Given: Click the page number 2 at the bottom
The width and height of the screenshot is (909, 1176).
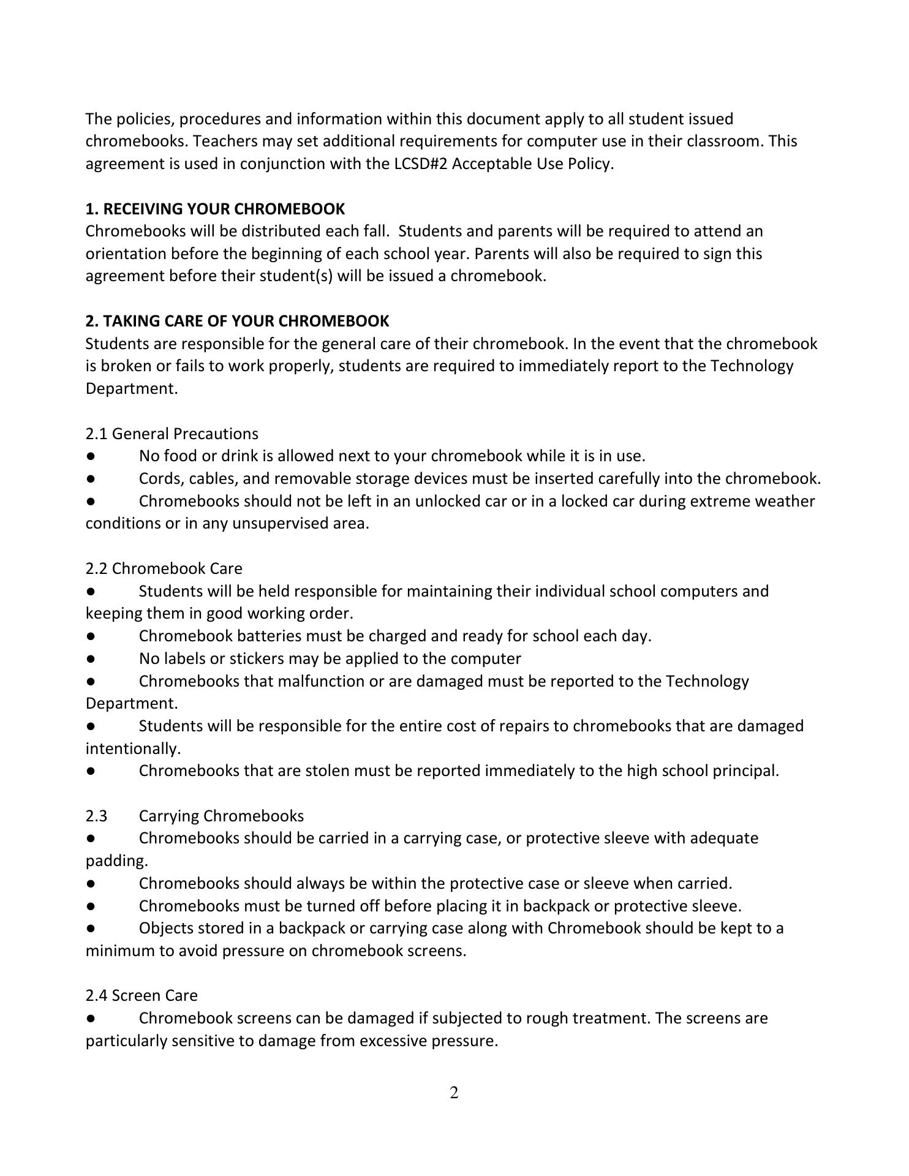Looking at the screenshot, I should (x=454, y=1093).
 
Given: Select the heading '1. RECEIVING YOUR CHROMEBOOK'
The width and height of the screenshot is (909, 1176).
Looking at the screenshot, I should (x=215, y=209).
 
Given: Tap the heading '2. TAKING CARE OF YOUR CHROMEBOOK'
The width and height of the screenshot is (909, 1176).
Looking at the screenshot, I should (x=237, y=321).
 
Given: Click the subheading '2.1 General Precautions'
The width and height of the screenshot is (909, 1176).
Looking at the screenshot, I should (x=172, y=434).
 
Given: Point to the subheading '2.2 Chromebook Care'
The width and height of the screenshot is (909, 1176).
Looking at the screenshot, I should (x=164, y=568).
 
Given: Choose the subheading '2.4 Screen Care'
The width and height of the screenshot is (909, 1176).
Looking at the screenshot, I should (x=141, y=995).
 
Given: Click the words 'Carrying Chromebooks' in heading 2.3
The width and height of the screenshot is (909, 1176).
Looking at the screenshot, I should (x=221, y=816).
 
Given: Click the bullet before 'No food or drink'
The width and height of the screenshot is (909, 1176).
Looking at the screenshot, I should (x=91, y=456).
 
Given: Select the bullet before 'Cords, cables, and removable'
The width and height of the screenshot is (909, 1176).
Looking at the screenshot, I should (x=91, y=478).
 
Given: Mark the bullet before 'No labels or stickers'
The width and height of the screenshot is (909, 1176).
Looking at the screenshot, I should (x=91, y=659).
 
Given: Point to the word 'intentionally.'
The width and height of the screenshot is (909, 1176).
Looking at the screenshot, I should (x=133, y=748).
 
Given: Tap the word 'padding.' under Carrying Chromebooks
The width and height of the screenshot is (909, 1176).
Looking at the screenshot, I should (x=116, y=861).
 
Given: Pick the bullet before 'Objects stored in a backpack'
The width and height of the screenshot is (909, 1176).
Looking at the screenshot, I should (x=91, y=929).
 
